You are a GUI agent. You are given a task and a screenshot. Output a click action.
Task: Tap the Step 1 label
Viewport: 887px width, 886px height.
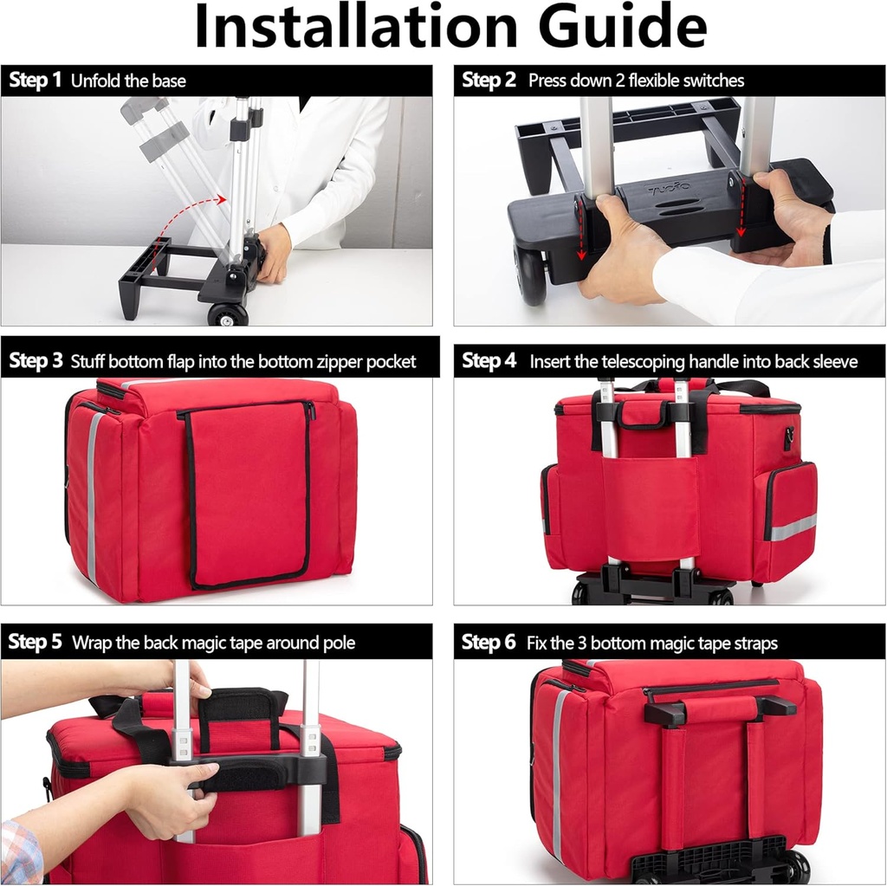tap(36, 81)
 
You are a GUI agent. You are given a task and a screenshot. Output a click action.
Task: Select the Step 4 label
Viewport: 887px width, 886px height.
tap(489, 360)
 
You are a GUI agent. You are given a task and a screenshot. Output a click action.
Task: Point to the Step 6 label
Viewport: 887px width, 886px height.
tap(489, 643)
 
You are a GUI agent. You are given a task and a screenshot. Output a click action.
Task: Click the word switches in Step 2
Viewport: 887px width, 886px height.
tap(709, 81)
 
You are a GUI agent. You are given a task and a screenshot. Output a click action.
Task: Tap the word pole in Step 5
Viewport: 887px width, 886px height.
tap(336, 643)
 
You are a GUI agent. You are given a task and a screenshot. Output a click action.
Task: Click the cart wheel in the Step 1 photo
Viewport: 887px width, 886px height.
tap(227, 314)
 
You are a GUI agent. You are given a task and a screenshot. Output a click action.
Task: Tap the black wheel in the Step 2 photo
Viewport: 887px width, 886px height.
tap(531, 276)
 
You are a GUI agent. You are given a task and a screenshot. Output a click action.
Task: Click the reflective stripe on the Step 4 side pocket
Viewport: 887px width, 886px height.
tap(793, 527)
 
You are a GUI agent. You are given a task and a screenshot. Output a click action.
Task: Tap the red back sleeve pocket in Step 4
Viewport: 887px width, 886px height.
tap(651, 507)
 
